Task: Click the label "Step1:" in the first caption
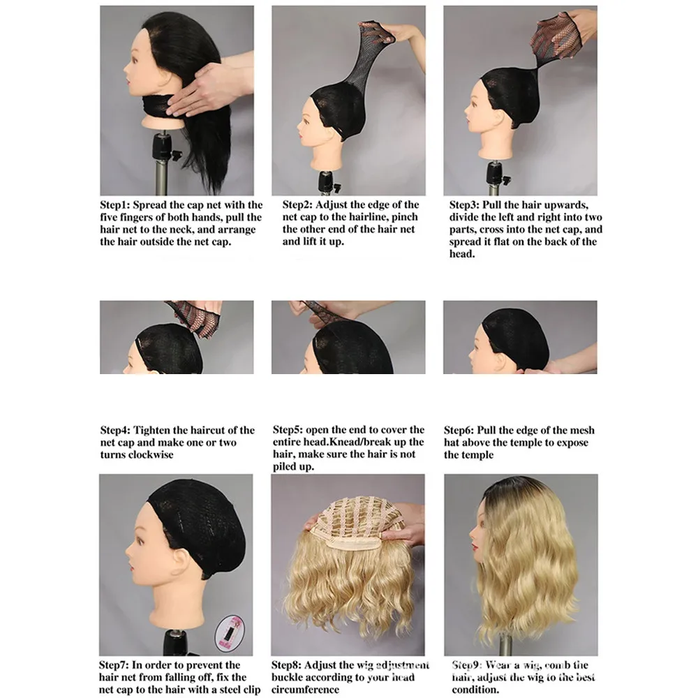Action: pos(115,205)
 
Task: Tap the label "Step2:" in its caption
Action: pos(297,205)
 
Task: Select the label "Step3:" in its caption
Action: pos(465,205)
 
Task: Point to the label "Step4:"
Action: pos(115,431)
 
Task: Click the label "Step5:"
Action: pos(288,430)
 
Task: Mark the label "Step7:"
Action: pos(115,665)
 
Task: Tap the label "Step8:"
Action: pos(288,665)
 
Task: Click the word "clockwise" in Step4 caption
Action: pos(150,455)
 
